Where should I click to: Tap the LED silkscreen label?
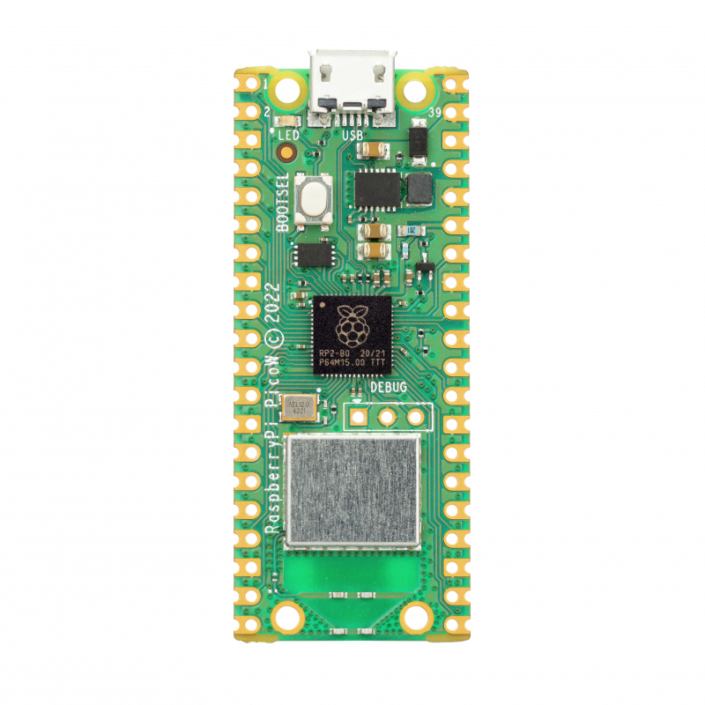click(289, 135)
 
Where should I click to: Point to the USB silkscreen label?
click(352, 135)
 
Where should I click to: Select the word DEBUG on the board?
click(389, 387)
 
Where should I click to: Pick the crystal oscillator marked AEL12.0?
click(297, 406)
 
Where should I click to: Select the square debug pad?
click(359, 415)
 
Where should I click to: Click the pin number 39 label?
click(434, 113)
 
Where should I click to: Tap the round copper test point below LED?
click(286, 153)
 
